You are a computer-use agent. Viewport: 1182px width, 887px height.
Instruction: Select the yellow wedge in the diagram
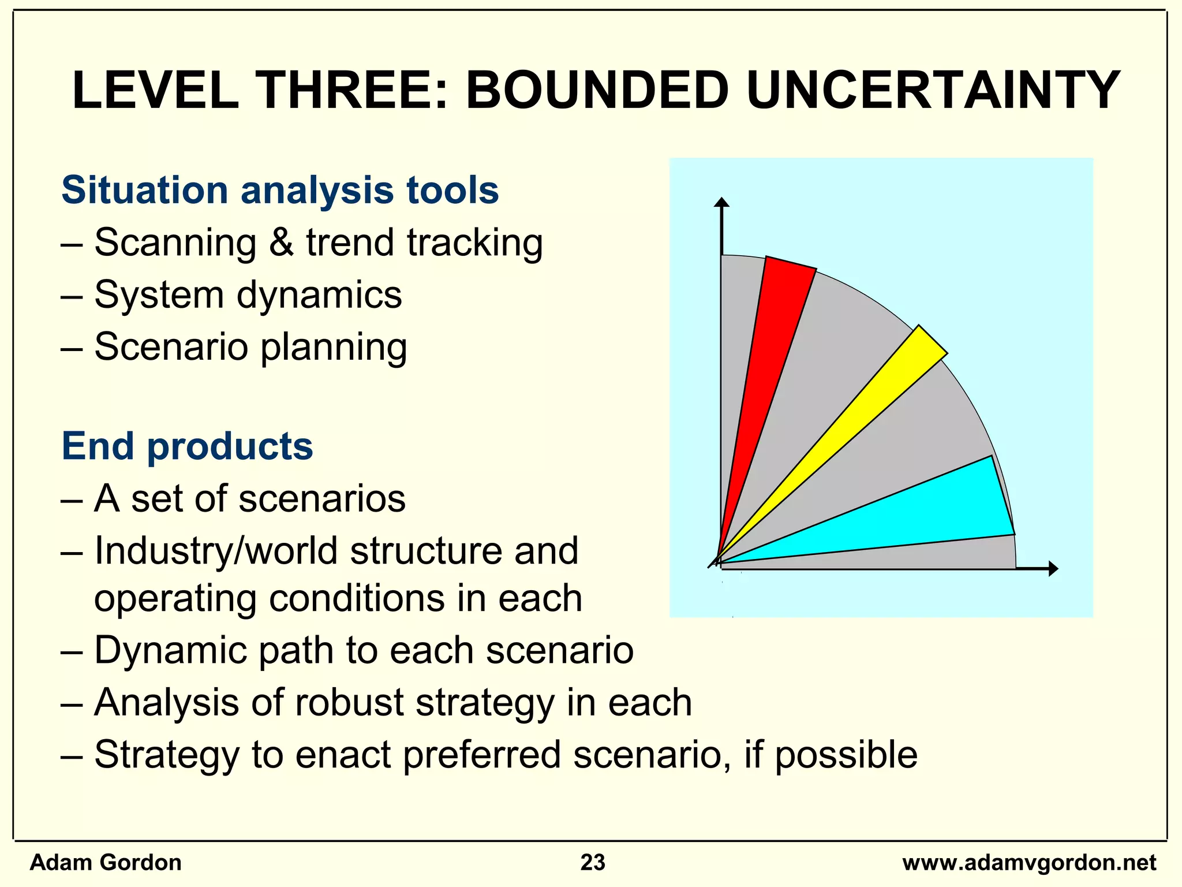click(x=866, y=416)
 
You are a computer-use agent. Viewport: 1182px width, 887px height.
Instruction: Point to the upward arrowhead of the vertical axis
click(x=721, y=202)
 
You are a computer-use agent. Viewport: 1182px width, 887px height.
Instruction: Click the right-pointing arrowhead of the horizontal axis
click(x=1053, y=569)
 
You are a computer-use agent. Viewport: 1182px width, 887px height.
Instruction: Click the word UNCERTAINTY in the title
click(x=932, y=91)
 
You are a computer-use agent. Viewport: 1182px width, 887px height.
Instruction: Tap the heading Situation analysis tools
click(x=280, y=190)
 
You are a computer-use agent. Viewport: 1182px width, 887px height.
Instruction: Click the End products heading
click(x=187, y=446)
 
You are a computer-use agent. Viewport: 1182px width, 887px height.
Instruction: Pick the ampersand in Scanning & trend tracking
click(x=281, y=243)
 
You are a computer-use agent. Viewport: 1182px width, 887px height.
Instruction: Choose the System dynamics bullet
click(x=248, y=295)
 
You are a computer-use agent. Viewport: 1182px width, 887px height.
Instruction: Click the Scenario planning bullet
click(x=250, y=347)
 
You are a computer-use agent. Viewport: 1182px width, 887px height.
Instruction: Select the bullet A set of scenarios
click(x=249, y=498)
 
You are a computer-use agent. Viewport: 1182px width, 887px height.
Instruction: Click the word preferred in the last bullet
click(x=481, y=755)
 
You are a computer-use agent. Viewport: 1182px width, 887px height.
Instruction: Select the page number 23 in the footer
click(x=593, y=863)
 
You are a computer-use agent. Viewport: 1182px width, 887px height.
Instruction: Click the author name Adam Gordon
click(x=106, y=863)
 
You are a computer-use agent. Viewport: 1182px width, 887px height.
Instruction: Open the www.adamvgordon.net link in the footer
click(x=1029, y=863)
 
